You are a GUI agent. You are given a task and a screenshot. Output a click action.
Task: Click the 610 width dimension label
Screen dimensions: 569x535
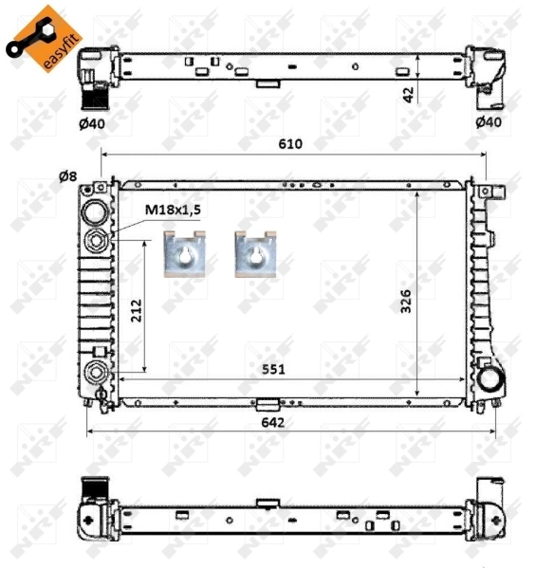(x=290, y=143)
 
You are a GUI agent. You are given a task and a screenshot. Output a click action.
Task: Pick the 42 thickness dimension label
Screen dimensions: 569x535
(x=408, y=92)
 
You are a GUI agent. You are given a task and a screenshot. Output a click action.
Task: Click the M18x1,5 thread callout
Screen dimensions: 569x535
(x=173, y=211)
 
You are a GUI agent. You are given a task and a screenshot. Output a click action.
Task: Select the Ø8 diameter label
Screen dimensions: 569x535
(x=67, y=175)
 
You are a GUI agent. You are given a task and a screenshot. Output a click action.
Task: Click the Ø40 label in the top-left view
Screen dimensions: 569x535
(x=92, y=123)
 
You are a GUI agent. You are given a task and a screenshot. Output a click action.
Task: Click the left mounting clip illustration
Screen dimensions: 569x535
(x=183, y=255)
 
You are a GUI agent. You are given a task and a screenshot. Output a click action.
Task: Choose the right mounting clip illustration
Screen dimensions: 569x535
(x=254, y=255)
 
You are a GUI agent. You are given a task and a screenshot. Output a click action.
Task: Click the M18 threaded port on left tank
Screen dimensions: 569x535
(x=96, y=241)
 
